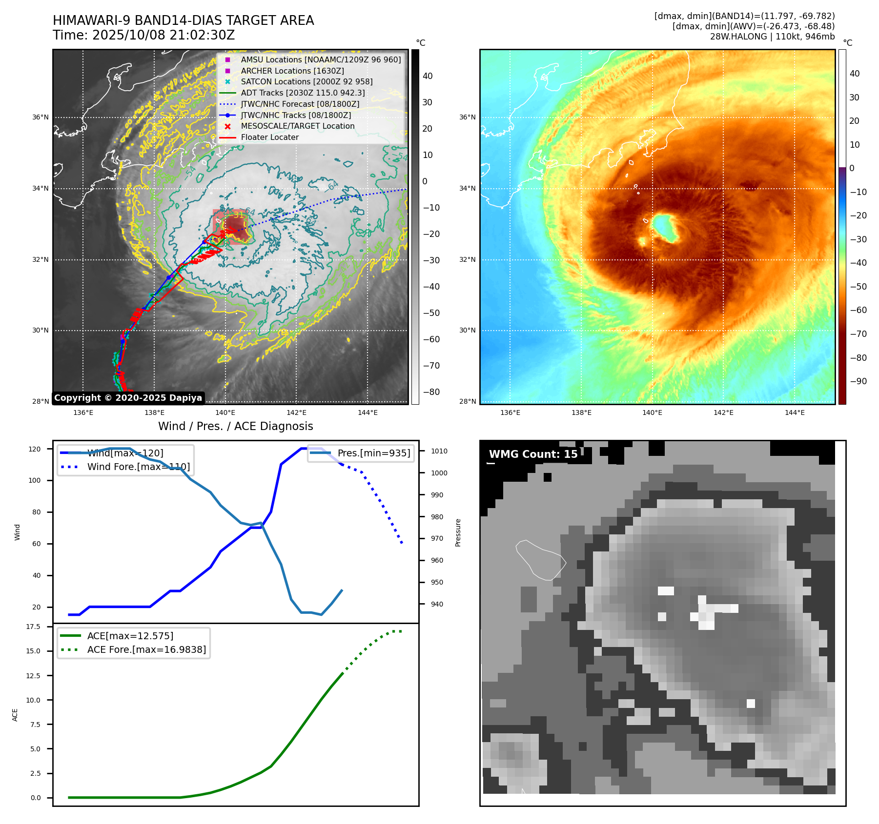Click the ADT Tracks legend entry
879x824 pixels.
303,93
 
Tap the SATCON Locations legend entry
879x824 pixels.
307,82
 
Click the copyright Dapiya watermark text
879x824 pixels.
128,398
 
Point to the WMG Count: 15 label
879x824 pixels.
533,454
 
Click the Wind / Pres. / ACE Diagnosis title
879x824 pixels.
235,426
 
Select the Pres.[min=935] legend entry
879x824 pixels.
373,453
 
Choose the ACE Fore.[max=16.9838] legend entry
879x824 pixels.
146,649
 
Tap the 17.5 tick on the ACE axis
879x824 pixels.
33,627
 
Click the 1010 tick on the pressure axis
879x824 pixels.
439,451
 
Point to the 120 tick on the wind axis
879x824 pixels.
35,449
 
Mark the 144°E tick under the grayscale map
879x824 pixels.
368,413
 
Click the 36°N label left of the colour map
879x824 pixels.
467,117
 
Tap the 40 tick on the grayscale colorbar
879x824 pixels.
428,76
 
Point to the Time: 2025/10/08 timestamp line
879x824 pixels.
144,35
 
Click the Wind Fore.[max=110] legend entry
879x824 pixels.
138,467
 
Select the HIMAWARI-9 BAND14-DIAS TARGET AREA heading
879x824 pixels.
183,20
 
